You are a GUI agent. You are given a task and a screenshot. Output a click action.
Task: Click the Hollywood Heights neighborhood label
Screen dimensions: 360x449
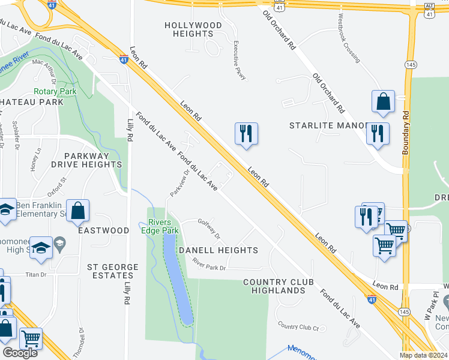pos(193,29)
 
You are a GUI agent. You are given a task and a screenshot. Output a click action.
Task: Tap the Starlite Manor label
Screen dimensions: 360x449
pos(328,126)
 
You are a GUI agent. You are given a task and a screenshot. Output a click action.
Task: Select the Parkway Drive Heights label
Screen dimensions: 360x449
pos(86,160)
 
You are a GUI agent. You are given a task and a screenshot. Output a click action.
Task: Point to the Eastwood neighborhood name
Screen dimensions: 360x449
pos(103,230)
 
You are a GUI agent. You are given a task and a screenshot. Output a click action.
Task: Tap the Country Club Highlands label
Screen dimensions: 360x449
pos(274,286)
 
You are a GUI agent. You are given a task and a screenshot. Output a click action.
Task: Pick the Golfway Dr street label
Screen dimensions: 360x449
pos(209,228)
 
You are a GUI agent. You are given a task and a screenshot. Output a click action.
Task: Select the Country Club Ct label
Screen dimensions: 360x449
pos(298,326)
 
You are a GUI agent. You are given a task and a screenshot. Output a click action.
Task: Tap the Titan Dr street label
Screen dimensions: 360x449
pos(35,275)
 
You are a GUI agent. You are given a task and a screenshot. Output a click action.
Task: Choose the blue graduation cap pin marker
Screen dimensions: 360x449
pos(41,248)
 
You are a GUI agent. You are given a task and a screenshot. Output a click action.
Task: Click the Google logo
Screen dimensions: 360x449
pos(20,353)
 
